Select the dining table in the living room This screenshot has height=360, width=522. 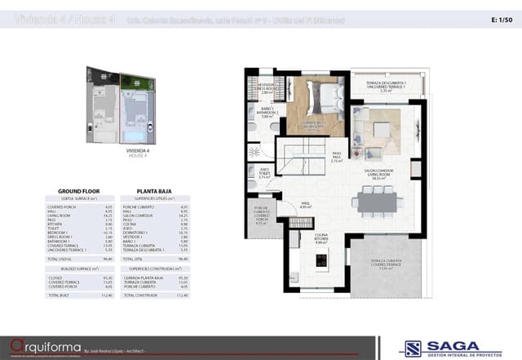(376, 201)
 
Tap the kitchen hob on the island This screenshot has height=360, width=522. (321, 262)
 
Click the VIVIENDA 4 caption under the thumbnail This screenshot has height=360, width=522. (122, 151)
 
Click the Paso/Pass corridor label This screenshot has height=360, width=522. (336, 158)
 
